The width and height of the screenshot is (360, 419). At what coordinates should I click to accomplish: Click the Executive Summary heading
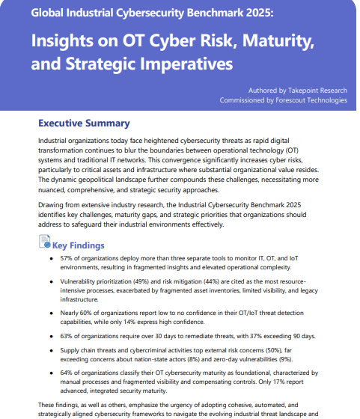(84, 123)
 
